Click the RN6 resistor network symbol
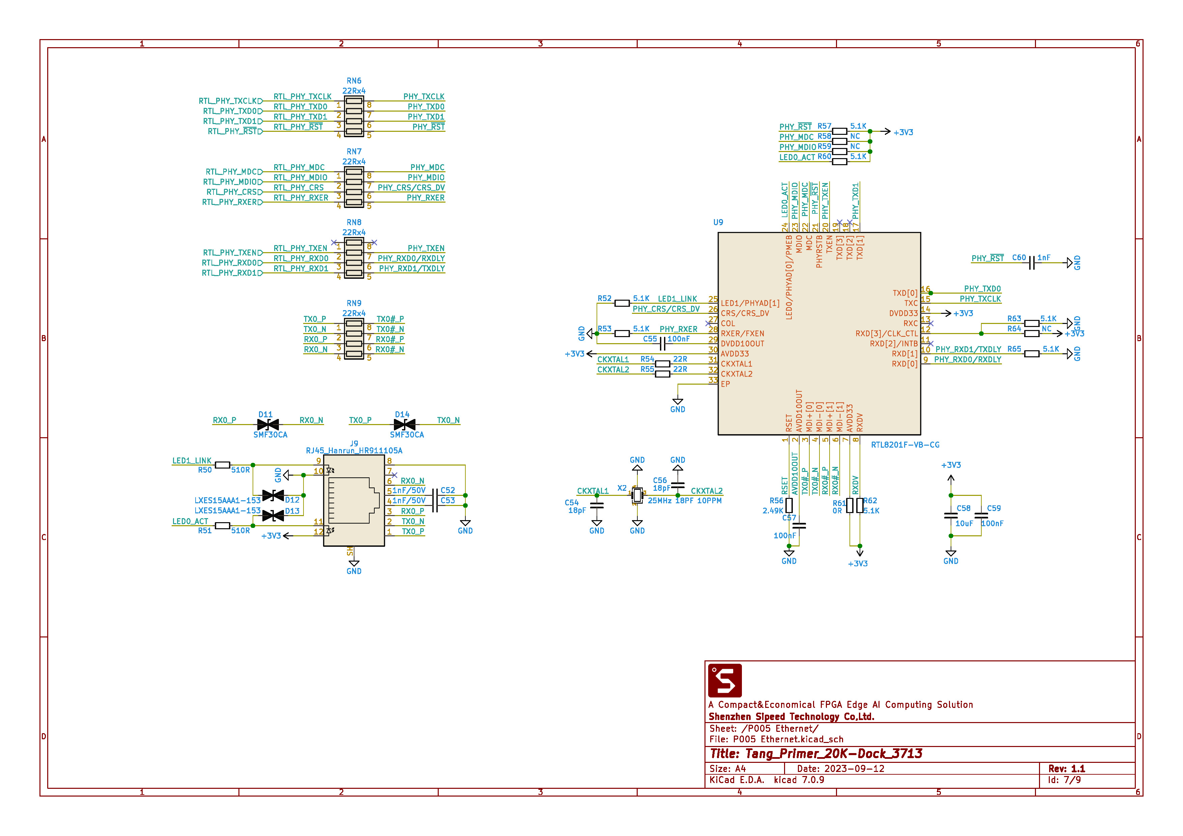[x=354, y=116]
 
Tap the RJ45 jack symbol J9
[x=354, y=500]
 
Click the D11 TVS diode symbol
[x=268, y=424]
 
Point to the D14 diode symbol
[x=404, y=424]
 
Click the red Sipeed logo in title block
[x=725, y=681]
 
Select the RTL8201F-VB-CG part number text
[x=905, y=445]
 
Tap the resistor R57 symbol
[x=839, y=131]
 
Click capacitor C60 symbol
[x=1032, y=263]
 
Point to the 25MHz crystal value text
[x=660, y=501]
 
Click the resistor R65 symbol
[x=1032, y=354]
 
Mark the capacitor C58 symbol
[x=951, y=516]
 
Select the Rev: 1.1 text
[x=1067, y=769]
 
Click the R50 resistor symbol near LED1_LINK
[x=222, y=465]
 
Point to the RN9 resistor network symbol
[x=354, y=339]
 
